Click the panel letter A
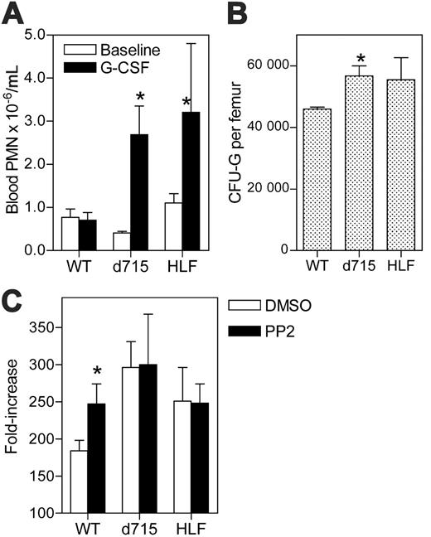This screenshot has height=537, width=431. (x=12, y=14)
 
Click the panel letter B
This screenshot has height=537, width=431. (x=238, y=14)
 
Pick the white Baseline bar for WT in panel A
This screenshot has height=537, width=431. (x=71, y=233)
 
